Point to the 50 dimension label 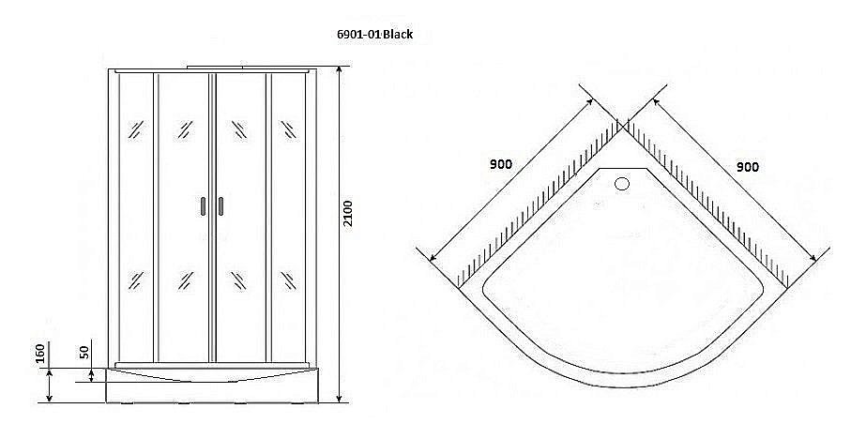(x=84, y=354)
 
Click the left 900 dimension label (x=501, y=164)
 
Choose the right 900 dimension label (x=748, y=166)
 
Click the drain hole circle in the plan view (x=621, y=184)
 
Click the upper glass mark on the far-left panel (x=135, y=129)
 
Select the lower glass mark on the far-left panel (x=135, y=280)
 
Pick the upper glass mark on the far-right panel (x=287, y=129)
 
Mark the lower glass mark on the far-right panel (x=287, y=280)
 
